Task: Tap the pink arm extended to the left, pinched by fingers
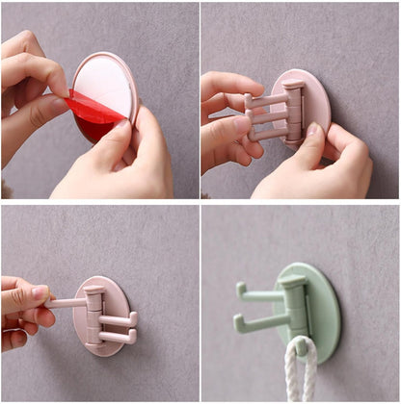67,303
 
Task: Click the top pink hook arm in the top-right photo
267,99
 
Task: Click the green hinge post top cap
290,282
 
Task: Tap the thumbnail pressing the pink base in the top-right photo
313,129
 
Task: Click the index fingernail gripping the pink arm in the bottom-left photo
40,290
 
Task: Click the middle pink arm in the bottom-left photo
117,319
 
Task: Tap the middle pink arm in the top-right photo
268,117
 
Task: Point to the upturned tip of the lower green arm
238,320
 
